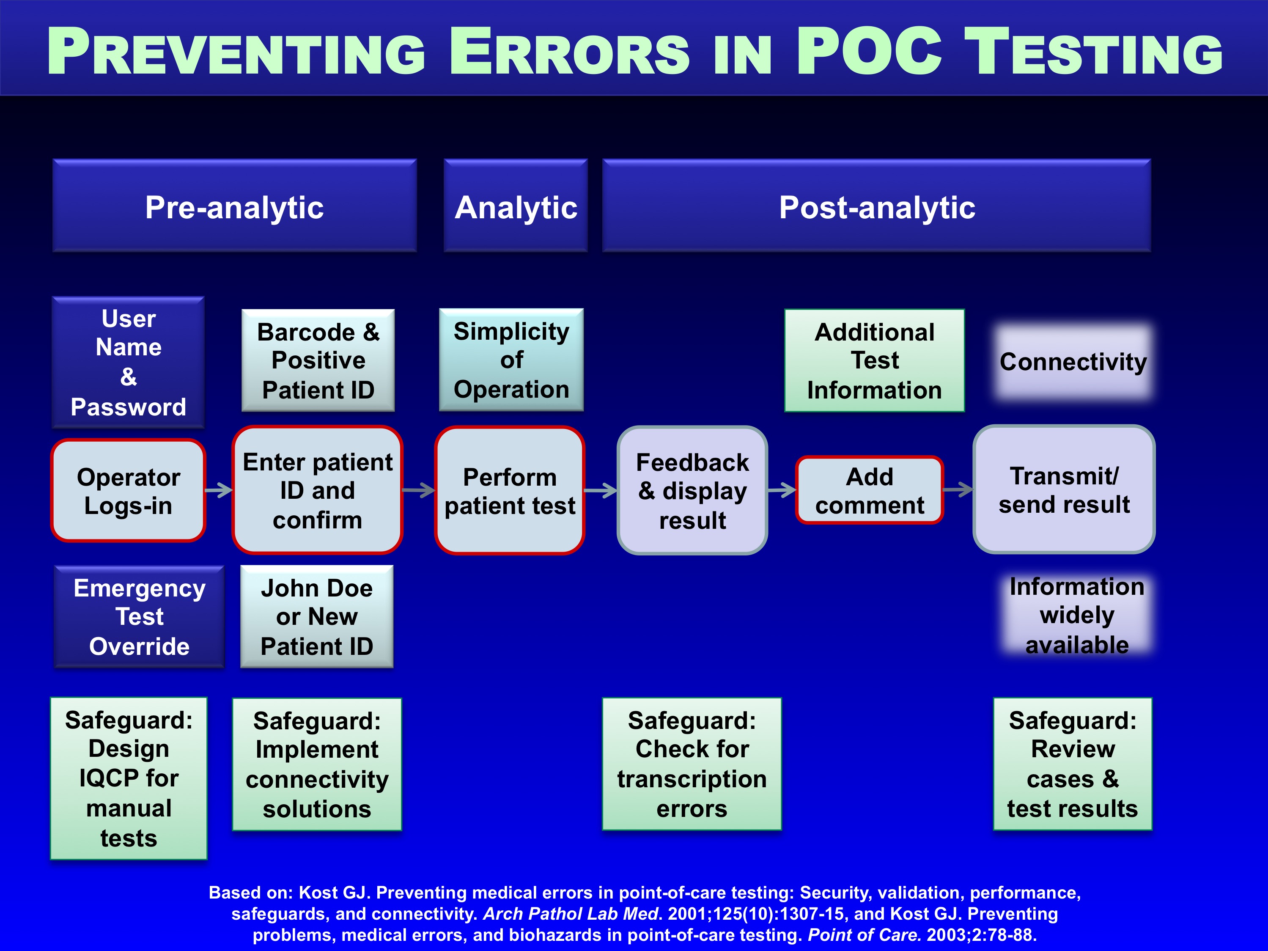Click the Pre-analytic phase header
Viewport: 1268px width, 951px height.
[x=234, y=206]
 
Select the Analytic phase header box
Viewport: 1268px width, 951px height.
[x=515, y=206]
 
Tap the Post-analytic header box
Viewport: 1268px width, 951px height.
[x=876, y=206]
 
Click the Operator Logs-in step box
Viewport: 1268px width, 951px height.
[x=129, y=491]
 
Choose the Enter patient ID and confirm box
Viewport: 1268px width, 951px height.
[x=318, y=490]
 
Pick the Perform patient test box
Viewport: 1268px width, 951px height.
[x=510, y=491]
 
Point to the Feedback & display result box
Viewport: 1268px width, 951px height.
[x=692, y=491]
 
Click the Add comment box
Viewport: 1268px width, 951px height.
[x=870, y=491]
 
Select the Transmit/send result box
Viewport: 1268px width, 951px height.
[x=1064, y=489]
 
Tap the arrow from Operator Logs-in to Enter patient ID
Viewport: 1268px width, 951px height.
[x=219, y=490]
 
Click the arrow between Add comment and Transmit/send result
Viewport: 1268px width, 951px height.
[x=958, y=489]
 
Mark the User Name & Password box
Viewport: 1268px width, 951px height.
[x=129, y=362]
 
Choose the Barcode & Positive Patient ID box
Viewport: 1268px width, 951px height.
[x=318, y=360]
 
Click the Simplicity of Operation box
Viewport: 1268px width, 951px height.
[x=511, y=360]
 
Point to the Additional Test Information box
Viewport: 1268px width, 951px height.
[x=875, y=360]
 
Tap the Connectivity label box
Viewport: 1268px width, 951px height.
[x=1073, y=361]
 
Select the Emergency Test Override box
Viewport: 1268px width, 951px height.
[x=139, y=617]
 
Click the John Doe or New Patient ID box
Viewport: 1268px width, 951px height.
[x=317, y=617]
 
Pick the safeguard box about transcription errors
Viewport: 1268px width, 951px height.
[x=692, y=764]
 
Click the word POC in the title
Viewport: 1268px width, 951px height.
[x=869, y=52]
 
